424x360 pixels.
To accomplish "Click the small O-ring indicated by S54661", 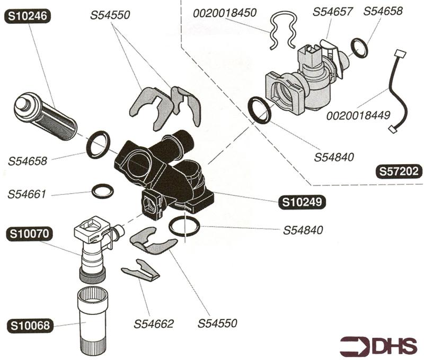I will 102,191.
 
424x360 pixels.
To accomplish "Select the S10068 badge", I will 29,325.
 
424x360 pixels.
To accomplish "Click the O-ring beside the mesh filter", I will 98,145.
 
